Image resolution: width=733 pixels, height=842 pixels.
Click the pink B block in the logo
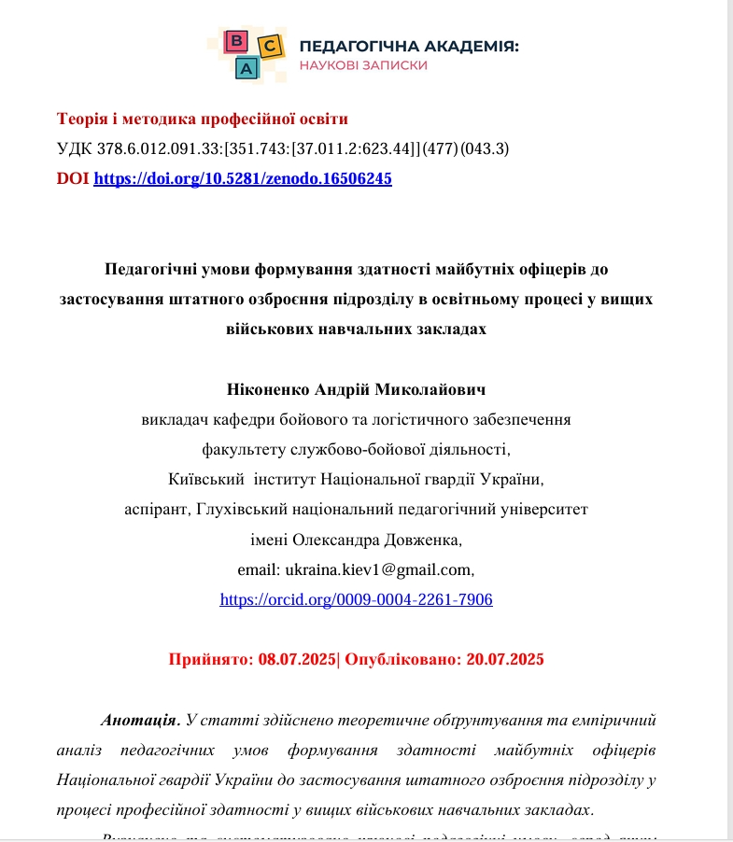[237, 41]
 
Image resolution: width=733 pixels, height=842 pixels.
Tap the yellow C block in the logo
[269, 46]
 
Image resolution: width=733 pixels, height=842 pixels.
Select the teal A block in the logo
[247, 67]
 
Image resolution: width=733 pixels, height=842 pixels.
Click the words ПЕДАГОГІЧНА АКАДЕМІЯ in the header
[408, 47]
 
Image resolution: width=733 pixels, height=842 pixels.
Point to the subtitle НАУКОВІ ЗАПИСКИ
[363, 65]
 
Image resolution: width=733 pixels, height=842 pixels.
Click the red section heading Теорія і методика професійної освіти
[203, 119]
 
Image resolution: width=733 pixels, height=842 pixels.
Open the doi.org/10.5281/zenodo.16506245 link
[243, 178]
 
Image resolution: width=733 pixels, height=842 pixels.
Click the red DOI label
[73, 178]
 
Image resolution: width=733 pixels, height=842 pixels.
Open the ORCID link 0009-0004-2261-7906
[356, 599]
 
